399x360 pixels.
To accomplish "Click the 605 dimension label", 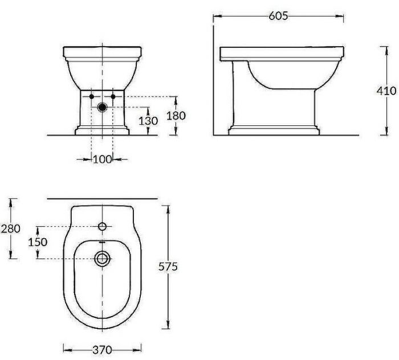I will pos(278,17).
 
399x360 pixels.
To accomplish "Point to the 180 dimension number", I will pos(177,116).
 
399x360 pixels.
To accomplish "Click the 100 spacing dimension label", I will pos(102,159).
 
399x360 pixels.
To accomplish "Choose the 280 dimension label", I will pos(11,228).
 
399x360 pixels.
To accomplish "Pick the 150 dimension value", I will pos(38,242).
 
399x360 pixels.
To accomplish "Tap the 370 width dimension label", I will pos(103,349).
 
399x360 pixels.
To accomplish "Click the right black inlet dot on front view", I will pos(113,97).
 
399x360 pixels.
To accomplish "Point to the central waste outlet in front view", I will pos(103,107).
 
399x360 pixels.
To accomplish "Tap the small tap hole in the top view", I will pos(103,227).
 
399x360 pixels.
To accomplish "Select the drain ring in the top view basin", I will pos(103,259).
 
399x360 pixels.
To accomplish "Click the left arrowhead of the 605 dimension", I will pos(216,17).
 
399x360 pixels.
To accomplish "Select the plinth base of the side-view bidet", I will pos(274,129).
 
